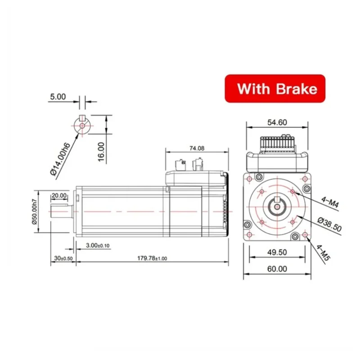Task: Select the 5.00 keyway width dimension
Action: pos(58,96)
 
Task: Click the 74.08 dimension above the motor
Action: pos(194,148)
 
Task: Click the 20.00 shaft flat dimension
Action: pos(59,196)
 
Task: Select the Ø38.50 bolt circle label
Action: pos(329,224)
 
